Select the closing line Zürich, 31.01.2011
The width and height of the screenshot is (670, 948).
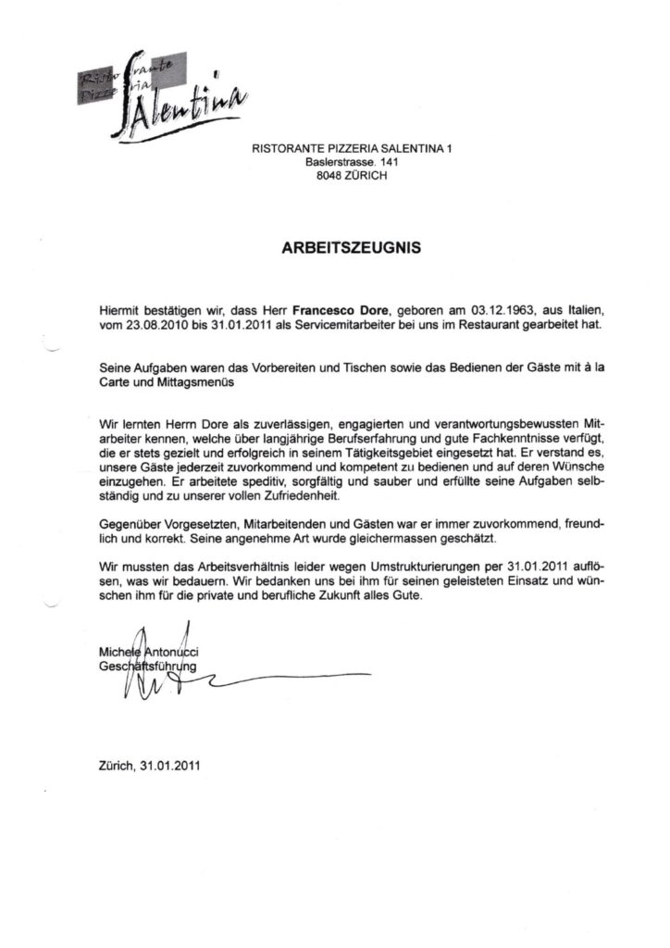tap(147, 766)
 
